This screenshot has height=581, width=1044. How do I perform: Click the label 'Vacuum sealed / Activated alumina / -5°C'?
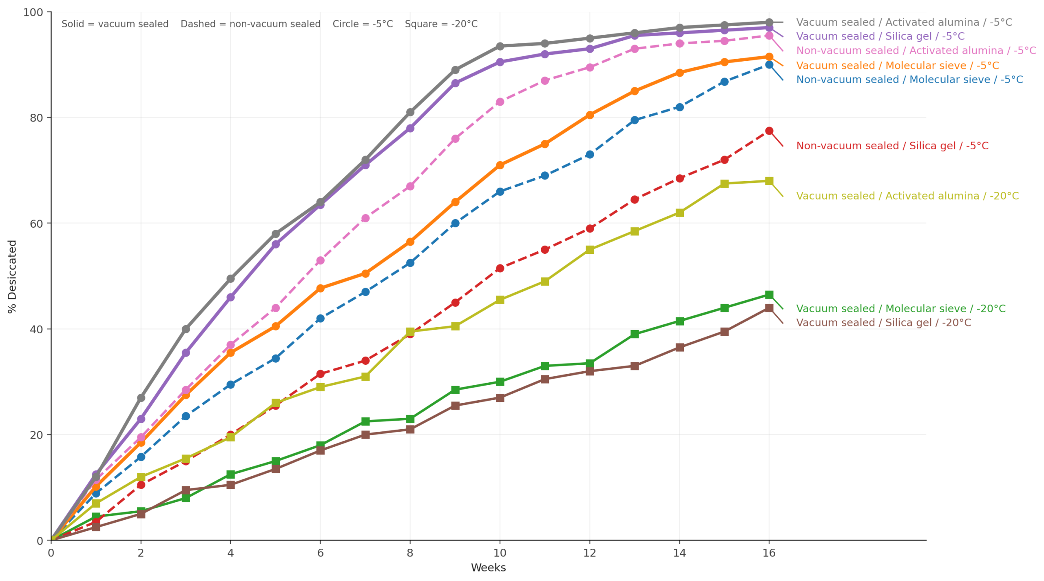[904, 22]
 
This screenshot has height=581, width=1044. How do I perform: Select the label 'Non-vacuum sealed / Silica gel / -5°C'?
[892, 146]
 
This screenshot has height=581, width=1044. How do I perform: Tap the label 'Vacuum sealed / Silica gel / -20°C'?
[883, 323]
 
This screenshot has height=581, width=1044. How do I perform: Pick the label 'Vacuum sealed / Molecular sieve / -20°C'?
[900, 309]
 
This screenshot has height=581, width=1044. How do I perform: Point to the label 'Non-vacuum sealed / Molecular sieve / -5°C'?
[909, 80]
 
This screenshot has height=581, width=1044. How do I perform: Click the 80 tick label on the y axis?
[36, 118]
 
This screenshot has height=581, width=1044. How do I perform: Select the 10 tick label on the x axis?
[500, 553]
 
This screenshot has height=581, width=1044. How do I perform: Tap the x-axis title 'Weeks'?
[488, 568]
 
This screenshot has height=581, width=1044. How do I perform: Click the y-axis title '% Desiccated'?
[12, 276]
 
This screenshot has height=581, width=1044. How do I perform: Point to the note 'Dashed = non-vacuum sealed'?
[250, 24]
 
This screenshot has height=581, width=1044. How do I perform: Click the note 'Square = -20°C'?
[441, 24]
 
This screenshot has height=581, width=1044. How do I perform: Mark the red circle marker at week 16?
[769, 131]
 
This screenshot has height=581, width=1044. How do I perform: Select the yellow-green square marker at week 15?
[724, 184]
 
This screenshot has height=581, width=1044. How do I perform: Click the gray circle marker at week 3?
[186, 329]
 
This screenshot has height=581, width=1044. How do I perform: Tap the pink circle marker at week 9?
[455, 139]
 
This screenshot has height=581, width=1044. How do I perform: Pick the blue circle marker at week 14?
[679, 107]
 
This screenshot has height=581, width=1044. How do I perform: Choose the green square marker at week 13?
[635, 334]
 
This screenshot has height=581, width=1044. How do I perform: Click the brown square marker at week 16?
[769, 308]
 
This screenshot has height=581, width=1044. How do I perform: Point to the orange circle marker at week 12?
[590, 115]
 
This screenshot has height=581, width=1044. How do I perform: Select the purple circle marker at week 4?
[230, 297]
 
